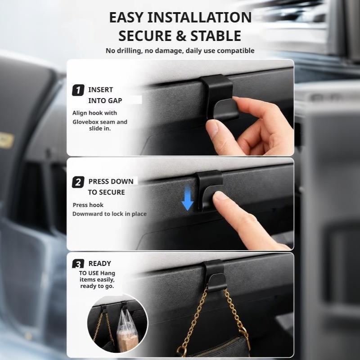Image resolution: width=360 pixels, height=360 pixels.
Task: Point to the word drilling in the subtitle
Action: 129,51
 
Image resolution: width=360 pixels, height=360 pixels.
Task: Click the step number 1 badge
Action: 78,90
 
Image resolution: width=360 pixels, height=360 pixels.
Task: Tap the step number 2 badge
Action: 78,182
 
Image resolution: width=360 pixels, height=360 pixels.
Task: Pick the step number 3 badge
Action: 78,264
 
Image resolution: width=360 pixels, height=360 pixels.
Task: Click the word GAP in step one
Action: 115,100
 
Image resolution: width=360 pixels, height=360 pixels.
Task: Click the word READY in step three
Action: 99,264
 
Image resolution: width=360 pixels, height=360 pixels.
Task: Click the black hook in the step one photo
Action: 219,98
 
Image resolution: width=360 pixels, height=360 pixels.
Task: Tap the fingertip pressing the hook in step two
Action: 220,197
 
